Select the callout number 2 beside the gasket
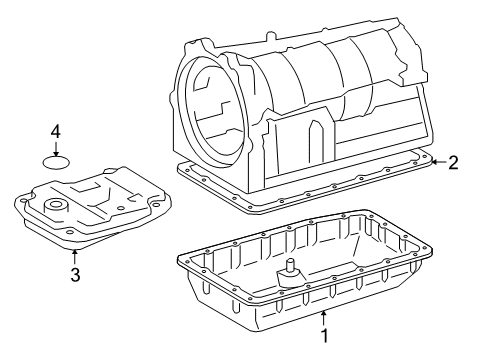[x=453, y=162]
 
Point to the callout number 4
[x=57, y=131]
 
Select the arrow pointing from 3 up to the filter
[x=74, y=254]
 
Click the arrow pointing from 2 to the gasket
[x=438, y=162]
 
